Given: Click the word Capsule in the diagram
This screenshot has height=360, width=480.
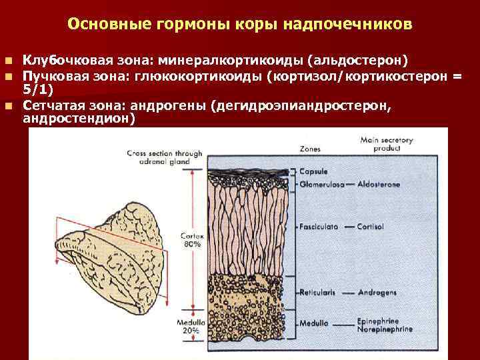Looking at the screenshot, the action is tap(313, 170).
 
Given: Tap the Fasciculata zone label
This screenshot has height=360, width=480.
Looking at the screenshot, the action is tap(318, 227).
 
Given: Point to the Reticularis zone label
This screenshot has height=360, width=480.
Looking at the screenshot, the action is tap(317, 292).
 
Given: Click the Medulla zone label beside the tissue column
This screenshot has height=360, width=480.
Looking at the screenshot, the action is tap(313, 323).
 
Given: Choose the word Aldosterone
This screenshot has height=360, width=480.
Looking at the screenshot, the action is tap(379, 183).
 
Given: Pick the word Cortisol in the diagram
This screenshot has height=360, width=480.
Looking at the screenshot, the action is tap(371, 227).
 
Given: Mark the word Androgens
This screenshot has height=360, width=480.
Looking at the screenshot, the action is tap(377, 292).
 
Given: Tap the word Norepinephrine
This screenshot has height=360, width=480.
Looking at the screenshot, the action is tap(385, 329).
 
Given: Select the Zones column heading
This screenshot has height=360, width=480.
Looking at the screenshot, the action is tap(310, 148).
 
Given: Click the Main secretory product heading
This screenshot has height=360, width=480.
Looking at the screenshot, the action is tap(387, 144).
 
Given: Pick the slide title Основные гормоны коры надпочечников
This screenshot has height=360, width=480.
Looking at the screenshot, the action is tap(240, 25).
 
